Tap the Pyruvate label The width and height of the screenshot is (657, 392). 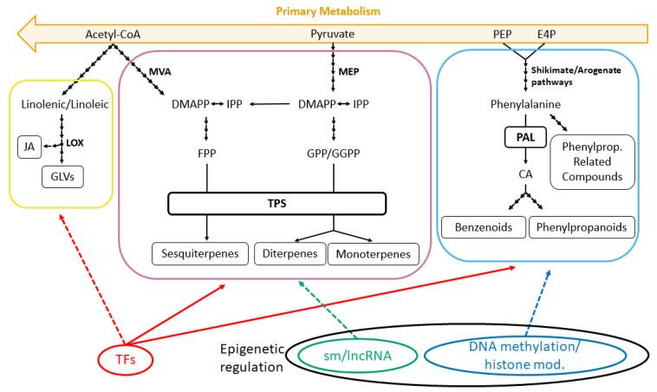(x=334, y=35)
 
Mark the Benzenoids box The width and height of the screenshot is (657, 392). (x=482, y=227)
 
